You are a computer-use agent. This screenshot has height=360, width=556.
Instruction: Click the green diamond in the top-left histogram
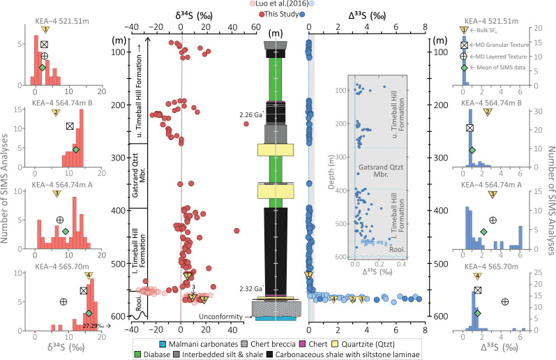pos(42,67)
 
